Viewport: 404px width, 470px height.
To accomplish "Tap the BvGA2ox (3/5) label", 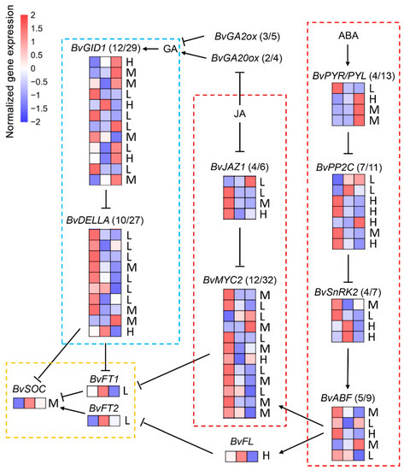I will [x=240, y=37].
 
